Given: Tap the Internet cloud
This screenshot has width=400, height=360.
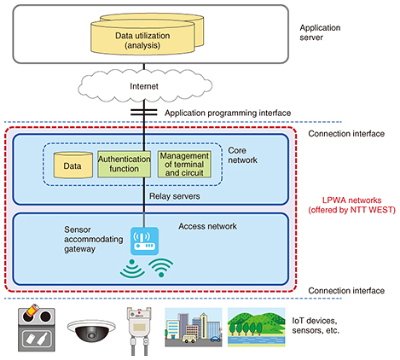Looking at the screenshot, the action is pyautogui.click(x=145, y=86).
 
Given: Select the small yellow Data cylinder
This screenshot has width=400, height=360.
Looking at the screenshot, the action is pyautogui.click(x=73, y=165).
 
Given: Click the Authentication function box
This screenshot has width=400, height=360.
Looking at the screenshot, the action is pyautogui.click(x=124, y=164).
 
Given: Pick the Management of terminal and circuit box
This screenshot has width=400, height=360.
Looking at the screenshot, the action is pyautogui.click(x=184, y=164).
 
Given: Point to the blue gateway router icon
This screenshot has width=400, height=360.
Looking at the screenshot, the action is pyautogui.click(x=144, y=241).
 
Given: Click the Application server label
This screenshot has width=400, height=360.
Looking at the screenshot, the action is pyautogui.click(x=320, y=32).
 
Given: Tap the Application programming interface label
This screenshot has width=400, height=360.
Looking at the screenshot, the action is pyautogui.click(x=228, y=113).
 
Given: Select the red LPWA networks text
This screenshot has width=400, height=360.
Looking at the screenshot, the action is pyautogui.click(x=352, y=205).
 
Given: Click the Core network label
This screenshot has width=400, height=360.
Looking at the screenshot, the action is pyautogui.click(x=242, y=155).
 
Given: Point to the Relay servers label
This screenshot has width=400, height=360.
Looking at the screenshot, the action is pyautogui.click(x=175, y=196).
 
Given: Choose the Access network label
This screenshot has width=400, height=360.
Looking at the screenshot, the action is pyautogui.click(x=207, y=226).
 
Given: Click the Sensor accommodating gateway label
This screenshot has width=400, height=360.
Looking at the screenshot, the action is pyautogui.click(x=94, y=239).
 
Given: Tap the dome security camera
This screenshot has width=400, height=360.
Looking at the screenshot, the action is pyautogui.click(x=91, y=330).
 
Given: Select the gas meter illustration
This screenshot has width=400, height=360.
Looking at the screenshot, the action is pyautogui.click(x=139, y=330).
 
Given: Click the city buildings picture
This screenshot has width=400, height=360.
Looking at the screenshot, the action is pyautogui.click(x=194, y=328).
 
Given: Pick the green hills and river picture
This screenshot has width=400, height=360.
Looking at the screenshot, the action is pyautogui.click(x=256, y=328).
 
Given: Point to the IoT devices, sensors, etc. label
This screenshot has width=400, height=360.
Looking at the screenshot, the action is pyautogui.click(x=316, y=326).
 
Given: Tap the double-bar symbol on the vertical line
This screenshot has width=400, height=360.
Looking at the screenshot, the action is pyautogui.click(x=144, y=113).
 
